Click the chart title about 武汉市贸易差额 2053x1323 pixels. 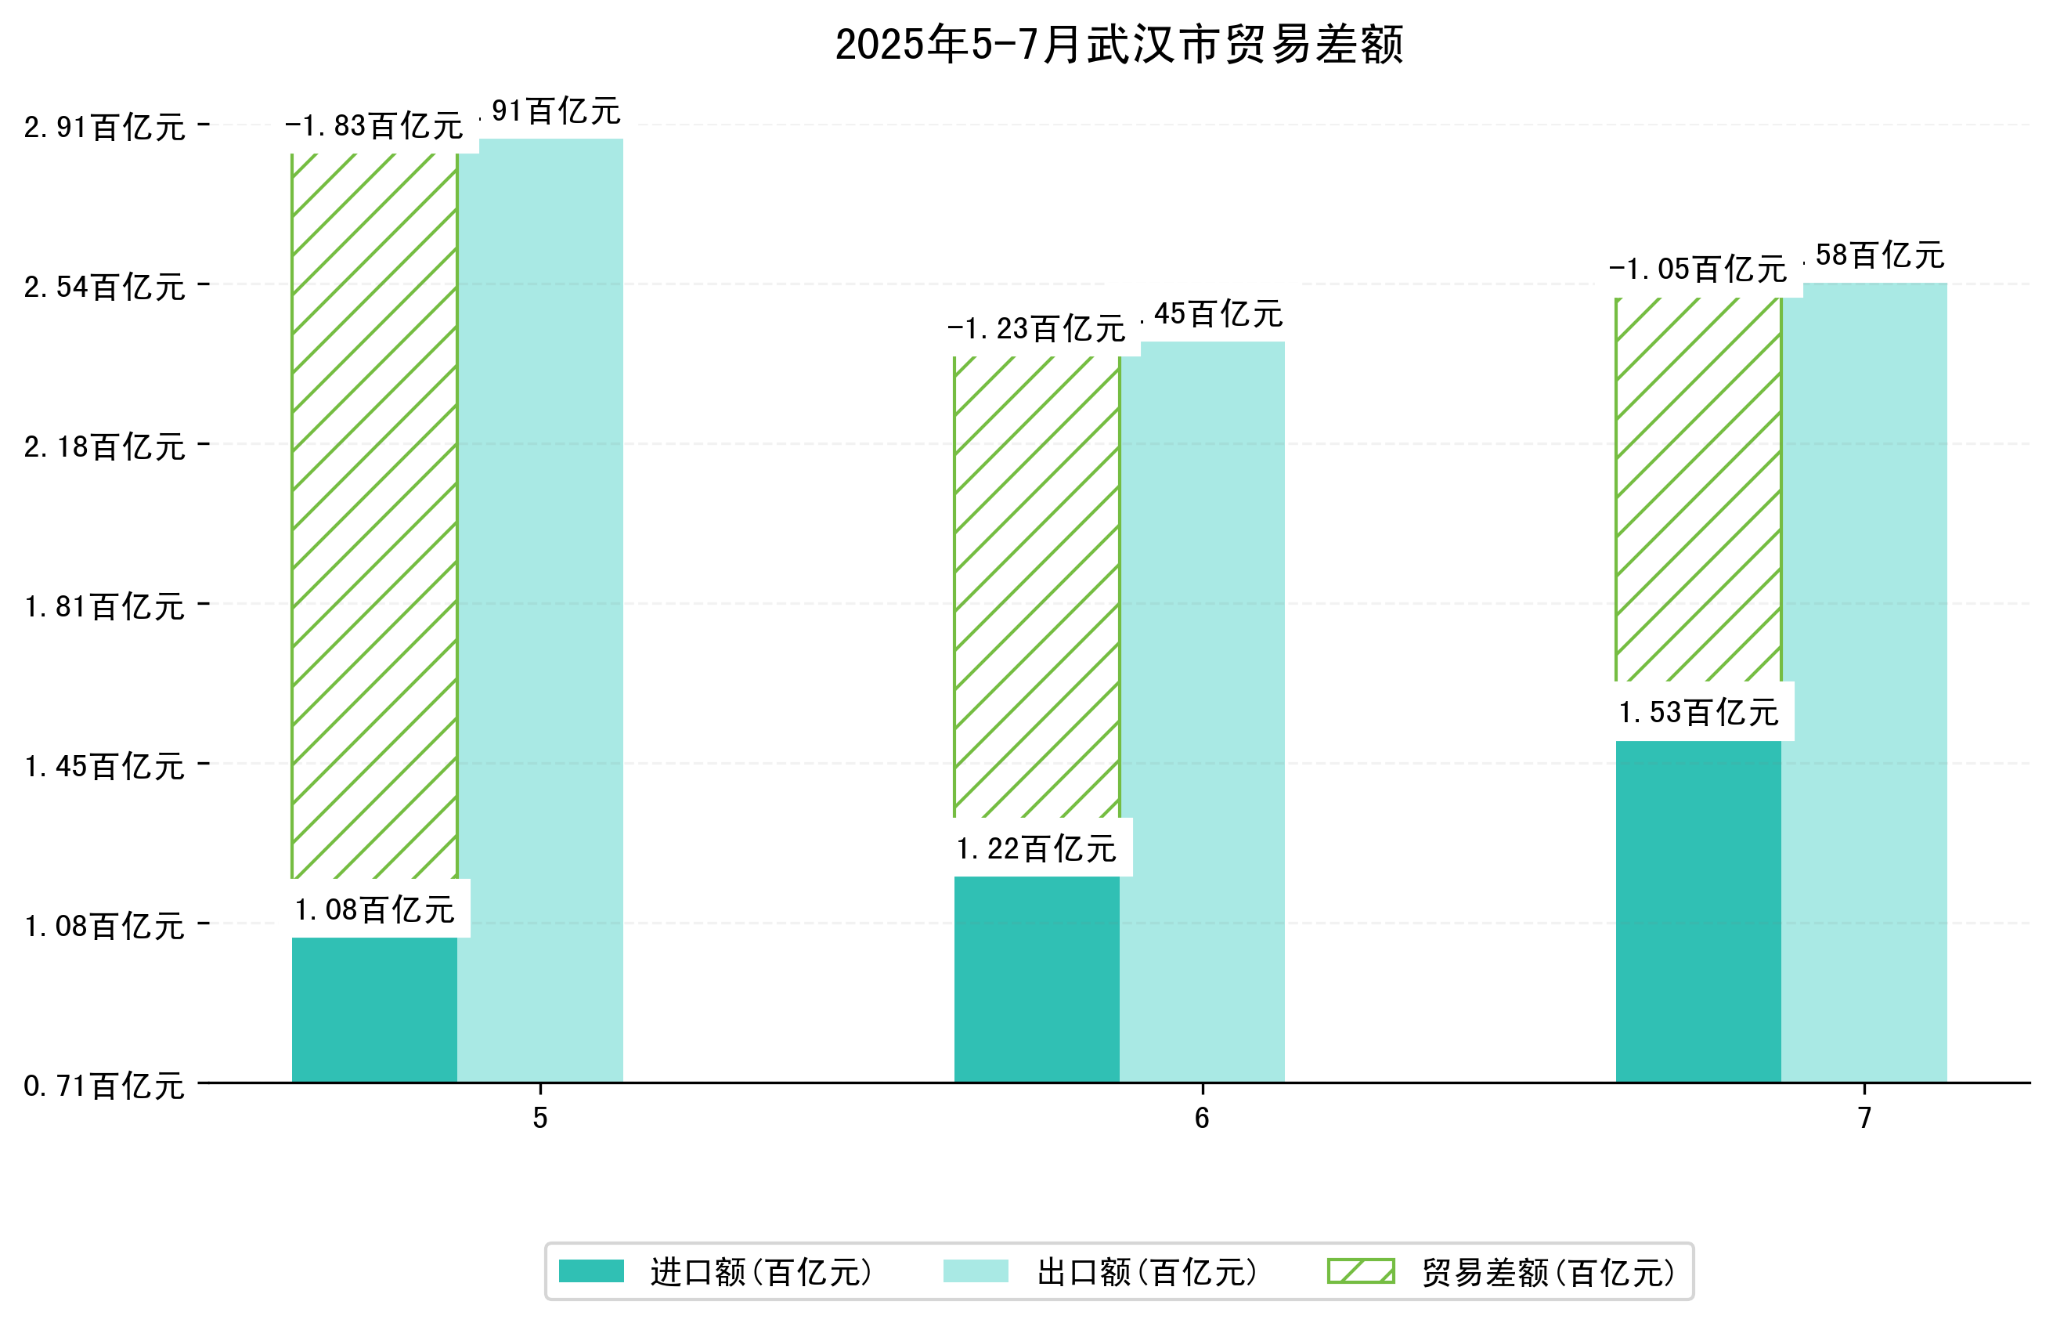(x=1119, y=45)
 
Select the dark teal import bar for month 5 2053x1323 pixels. (x=374, y=1010)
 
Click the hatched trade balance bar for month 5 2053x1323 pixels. (x=374, y=515)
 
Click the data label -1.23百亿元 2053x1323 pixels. (x=1037, y=329)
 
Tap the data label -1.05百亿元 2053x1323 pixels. (x=1698, y=269)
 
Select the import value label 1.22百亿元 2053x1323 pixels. (x=1037, y=849)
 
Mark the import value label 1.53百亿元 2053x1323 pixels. (x=1698, y=712)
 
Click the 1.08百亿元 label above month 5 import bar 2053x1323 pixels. (x=374, y=909)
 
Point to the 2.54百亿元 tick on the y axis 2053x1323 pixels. (x=104, y=287)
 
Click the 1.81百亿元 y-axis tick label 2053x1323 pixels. (x=104, y=606)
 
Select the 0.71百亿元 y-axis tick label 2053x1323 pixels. (x=104, y=1086)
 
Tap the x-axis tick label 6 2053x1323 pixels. (x=1202, y=1118)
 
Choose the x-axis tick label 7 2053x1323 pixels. (x=1864, y=1118)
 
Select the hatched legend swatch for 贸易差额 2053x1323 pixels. (x=1361, y=1271)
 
